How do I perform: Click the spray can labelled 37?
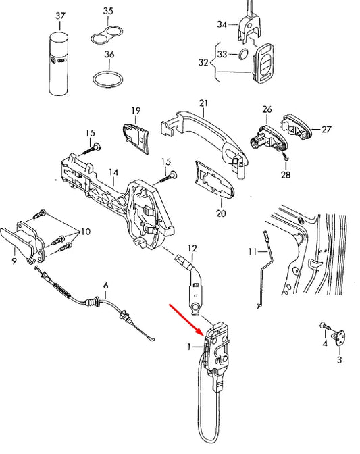(60, 61)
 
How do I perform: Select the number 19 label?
(135, 110)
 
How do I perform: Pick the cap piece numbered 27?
(297, 128)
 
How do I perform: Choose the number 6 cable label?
(105, 286)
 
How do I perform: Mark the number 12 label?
(192, 248)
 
